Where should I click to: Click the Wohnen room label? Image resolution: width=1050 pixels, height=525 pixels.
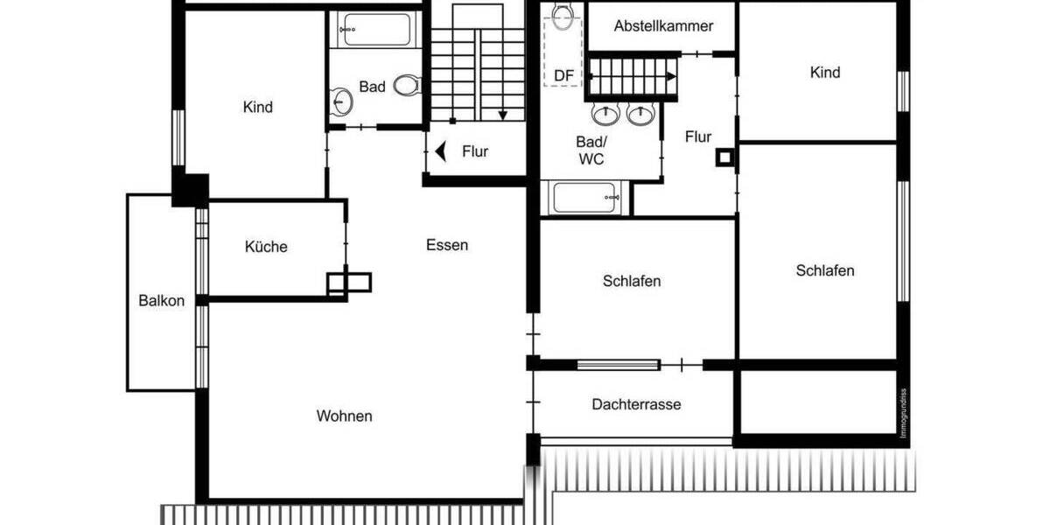tap(344, 416)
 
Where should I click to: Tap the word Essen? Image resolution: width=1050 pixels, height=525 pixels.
tap(447, 245)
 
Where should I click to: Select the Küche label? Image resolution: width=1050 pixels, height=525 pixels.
tap(266, 247)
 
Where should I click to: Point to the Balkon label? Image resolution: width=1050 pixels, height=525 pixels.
tap(162, 301)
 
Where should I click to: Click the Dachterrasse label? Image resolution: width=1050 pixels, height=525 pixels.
tap(636, 404)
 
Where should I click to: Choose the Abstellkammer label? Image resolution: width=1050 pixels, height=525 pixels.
tap(663, 26)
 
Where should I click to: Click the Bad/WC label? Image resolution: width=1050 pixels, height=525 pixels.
tap(591, 150)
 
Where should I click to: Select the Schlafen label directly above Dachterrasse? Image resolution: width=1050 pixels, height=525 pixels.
tap(632, 282)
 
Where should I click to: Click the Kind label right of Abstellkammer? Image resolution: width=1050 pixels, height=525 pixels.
tap(825, 73)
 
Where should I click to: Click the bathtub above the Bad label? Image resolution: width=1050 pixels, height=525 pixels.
tap(374, 30)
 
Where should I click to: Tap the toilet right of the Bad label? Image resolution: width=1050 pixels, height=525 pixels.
tap(406, 86)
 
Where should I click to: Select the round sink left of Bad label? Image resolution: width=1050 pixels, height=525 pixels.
tap(342, 102)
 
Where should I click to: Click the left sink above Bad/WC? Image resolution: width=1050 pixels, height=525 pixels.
tap(604, 115)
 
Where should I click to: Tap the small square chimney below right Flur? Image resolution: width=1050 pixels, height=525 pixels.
tap(725, 158)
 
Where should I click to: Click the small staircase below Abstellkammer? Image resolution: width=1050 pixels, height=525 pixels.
tap(633, 76)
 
